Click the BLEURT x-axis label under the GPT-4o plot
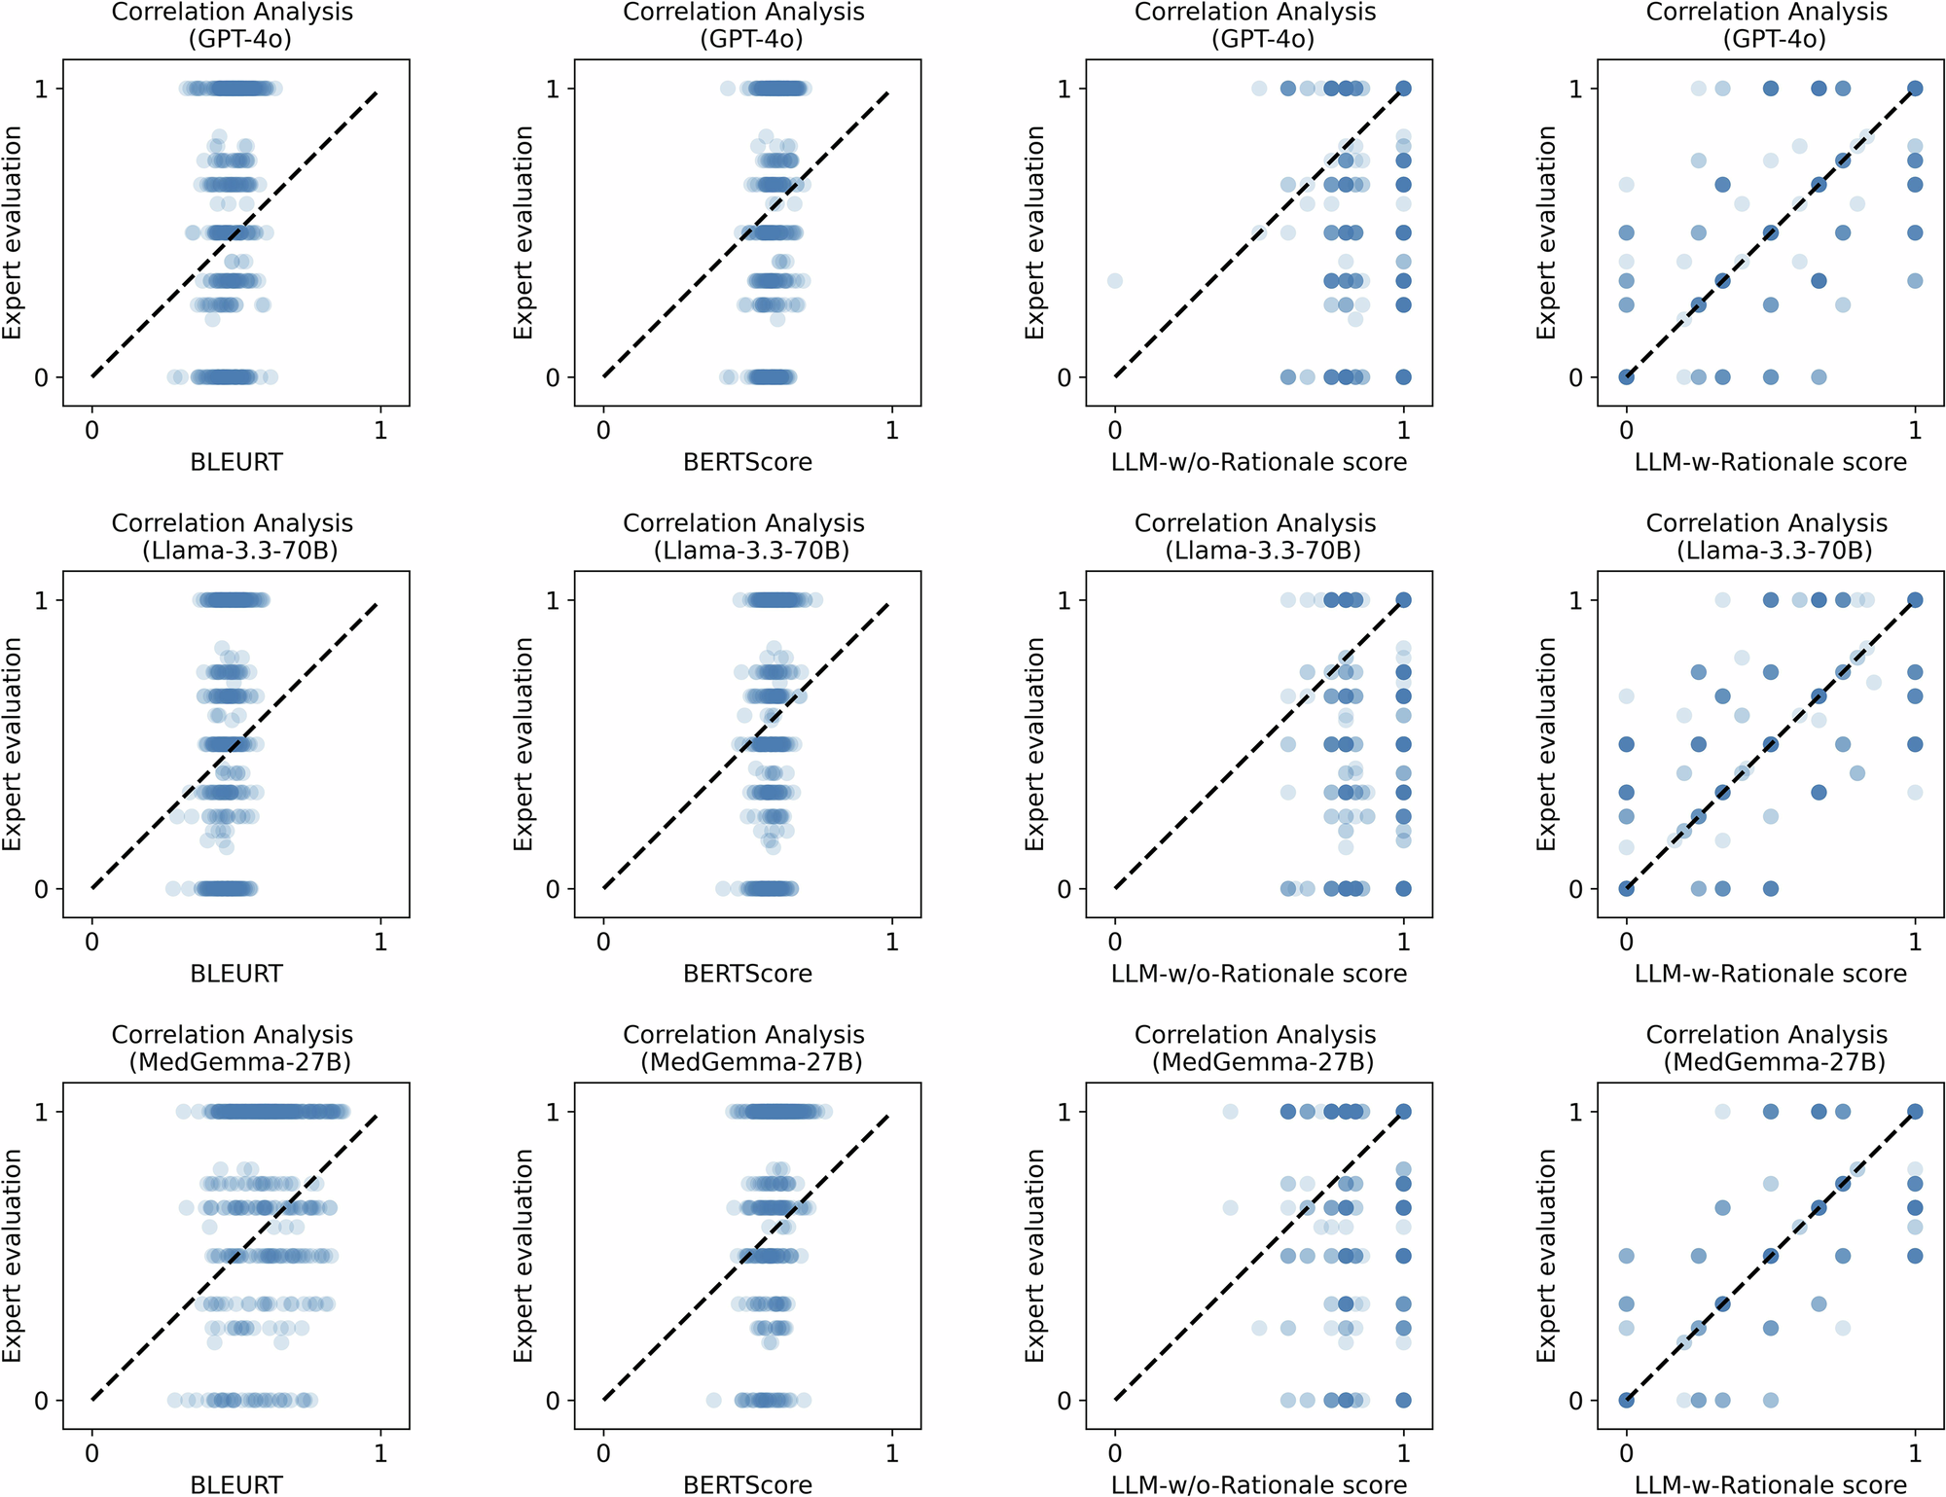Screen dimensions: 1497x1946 236,462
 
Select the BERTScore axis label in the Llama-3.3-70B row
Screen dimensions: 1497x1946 747,974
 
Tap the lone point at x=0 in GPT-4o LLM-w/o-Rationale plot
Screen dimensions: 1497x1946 1115,281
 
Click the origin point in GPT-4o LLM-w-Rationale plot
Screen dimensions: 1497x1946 1627,377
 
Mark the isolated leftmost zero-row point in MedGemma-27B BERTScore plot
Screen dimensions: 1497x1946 713,1401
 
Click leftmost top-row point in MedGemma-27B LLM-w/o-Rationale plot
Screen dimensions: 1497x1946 1230,1112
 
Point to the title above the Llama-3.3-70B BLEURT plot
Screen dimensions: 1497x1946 233,537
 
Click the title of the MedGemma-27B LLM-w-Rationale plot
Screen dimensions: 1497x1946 1767,1048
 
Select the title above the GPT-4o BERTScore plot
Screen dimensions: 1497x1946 744,25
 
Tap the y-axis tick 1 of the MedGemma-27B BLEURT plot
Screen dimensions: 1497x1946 41,1112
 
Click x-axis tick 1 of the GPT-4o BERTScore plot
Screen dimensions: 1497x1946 892,431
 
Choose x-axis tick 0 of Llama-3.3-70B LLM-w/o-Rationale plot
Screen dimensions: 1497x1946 1115,943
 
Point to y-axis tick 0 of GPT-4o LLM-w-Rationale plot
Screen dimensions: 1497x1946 1576,377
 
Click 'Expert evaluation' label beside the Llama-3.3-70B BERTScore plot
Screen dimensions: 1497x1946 523,744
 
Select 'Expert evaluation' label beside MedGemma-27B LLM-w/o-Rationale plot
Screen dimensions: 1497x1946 1035,1256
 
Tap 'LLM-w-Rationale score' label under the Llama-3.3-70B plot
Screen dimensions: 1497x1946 1771,974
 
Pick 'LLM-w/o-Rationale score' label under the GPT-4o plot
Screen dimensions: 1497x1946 1259,462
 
